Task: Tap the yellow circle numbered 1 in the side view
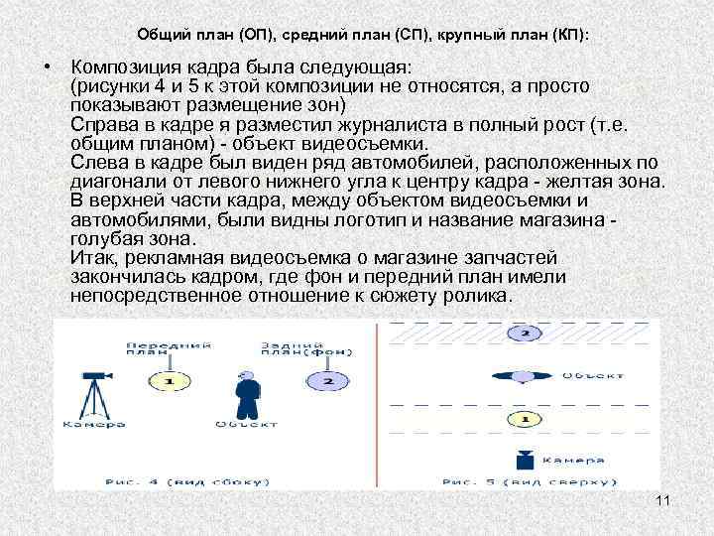(169, 381)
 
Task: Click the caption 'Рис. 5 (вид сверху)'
(523, 481)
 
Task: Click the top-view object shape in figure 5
(523, 375)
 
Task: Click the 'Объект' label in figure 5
(593, 375)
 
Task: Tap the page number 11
(663, 500)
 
